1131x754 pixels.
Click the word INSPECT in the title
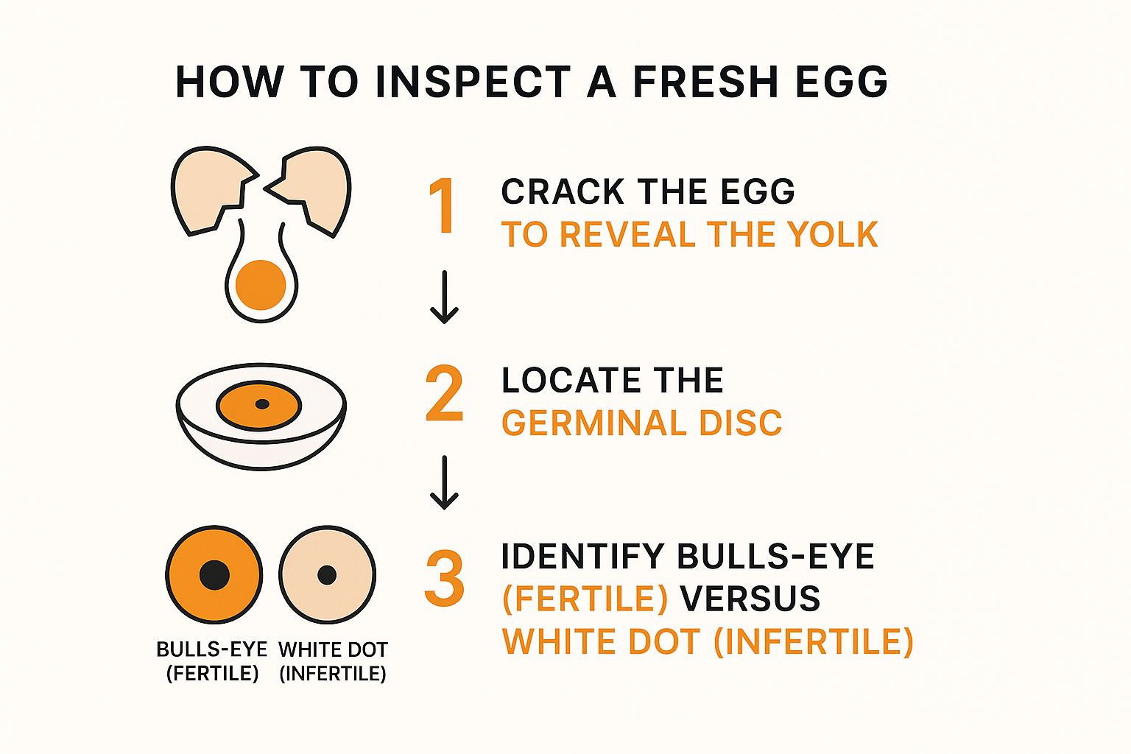(473, 81)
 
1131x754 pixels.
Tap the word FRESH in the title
(705, 81)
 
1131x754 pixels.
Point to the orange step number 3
(444, 578)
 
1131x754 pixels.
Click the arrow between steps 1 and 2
(444, 297)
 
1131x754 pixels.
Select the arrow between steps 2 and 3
(444, 482)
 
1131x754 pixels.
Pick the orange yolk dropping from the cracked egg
(261, 285)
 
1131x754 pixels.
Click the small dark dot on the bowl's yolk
(262, 404)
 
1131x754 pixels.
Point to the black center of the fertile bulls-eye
(214, 575)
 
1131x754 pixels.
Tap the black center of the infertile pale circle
(327, 575)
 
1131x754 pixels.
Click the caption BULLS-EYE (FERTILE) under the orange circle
(212, 661)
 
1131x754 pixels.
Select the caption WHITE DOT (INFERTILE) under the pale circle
(333, 661)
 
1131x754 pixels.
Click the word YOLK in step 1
(834, 234)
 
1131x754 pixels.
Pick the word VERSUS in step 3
(750, 599)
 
